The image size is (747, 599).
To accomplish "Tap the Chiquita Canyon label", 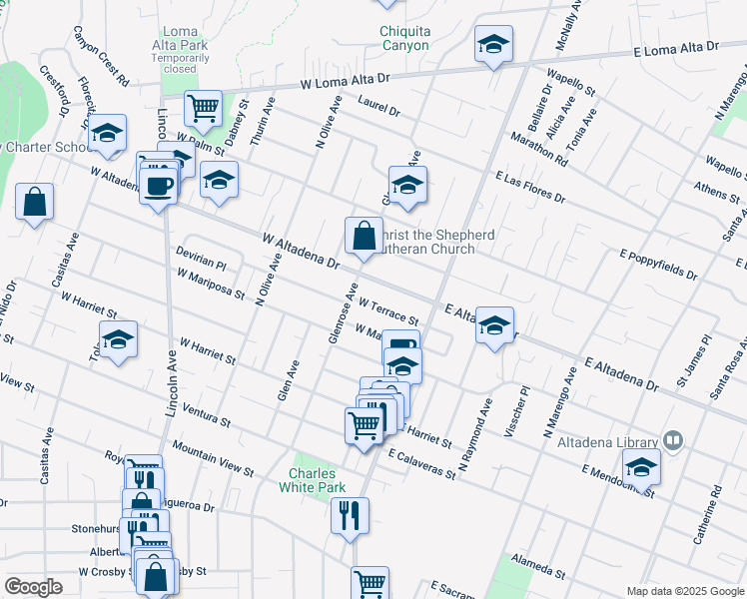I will [404, 38].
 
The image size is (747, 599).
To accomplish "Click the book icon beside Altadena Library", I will [674, 441].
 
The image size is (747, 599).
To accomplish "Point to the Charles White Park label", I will [318, 480].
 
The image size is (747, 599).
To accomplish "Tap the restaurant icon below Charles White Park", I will [349, 515].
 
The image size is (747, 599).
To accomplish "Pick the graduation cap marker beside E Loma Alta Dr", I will [492, 45].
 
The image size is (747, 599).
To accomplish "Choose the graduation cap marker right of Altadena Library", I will [641, 465].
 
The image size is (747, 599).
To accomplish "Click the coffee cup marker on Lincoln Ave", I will [159, 185].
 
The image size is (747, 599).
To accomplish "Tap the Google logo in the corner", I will [33, 587].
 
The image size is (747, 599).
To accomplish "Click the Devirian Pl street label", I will [202, 259].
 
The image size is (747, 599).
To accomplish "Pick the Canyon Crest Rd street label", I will [101, 55].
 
